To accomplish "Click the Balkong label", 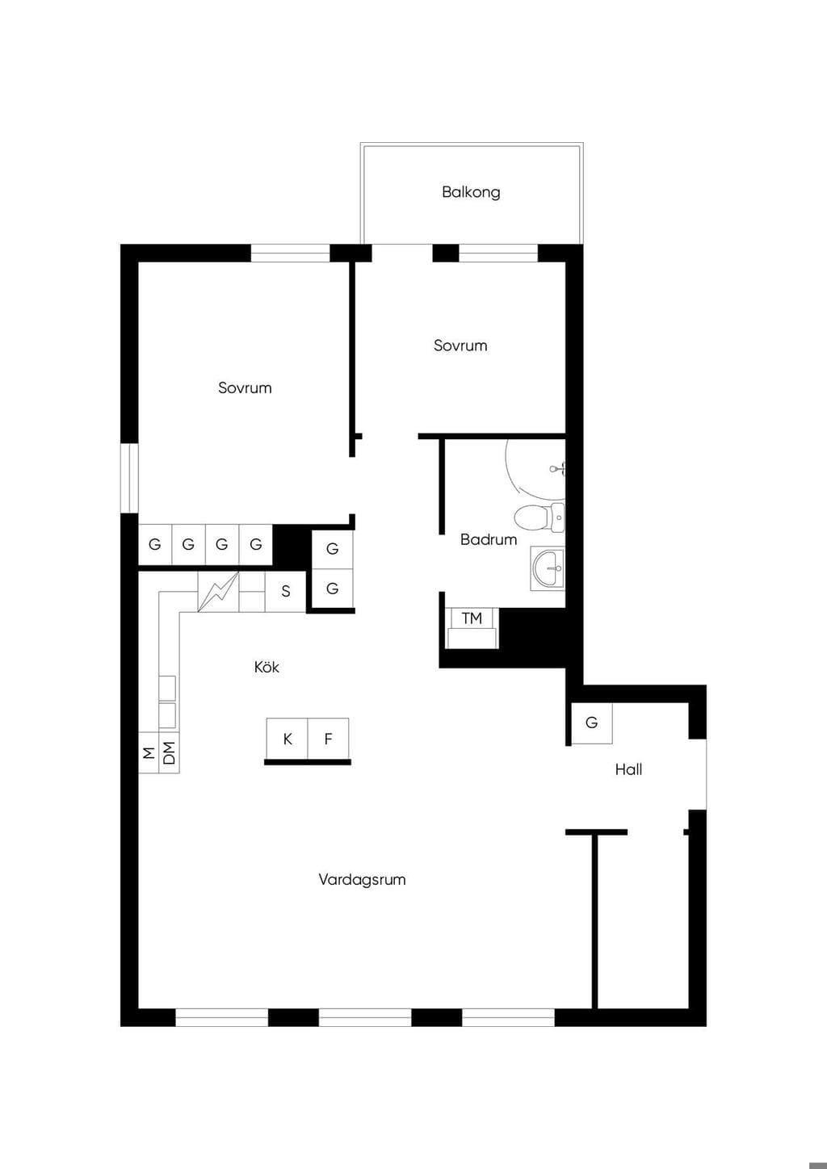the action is click(471, 192).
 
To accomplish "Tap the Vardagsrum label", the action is click(362, 879).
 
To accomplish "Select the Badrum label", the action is click(489, 539).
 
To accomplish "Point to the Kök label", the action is click(267, 666).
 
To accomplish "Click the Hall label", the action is click(628, 769).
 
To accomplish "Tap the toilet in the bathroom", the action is click(539, 517).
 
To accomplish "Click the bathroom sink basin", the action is click(548, 568).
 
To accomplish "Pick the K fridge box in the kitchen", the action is click(288, 739).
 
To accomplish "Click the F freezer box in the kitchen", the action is click(329, 739).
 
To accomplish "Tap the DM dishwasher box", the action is click(169, 752).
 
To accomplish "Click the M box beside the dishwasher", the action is click(149, 752).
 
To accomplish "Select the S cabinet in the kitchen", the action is click(286, 591).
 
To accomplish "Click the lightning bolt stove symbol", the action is click(218, 592).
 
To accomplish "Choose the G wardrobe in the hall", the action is click(591, 723).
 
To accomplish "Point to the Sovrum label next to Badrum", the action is click(460, 346).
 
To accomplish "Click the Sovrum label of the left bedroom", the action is click(245, 388).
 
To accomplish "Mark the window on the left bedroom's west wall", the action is click(129, 477).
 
